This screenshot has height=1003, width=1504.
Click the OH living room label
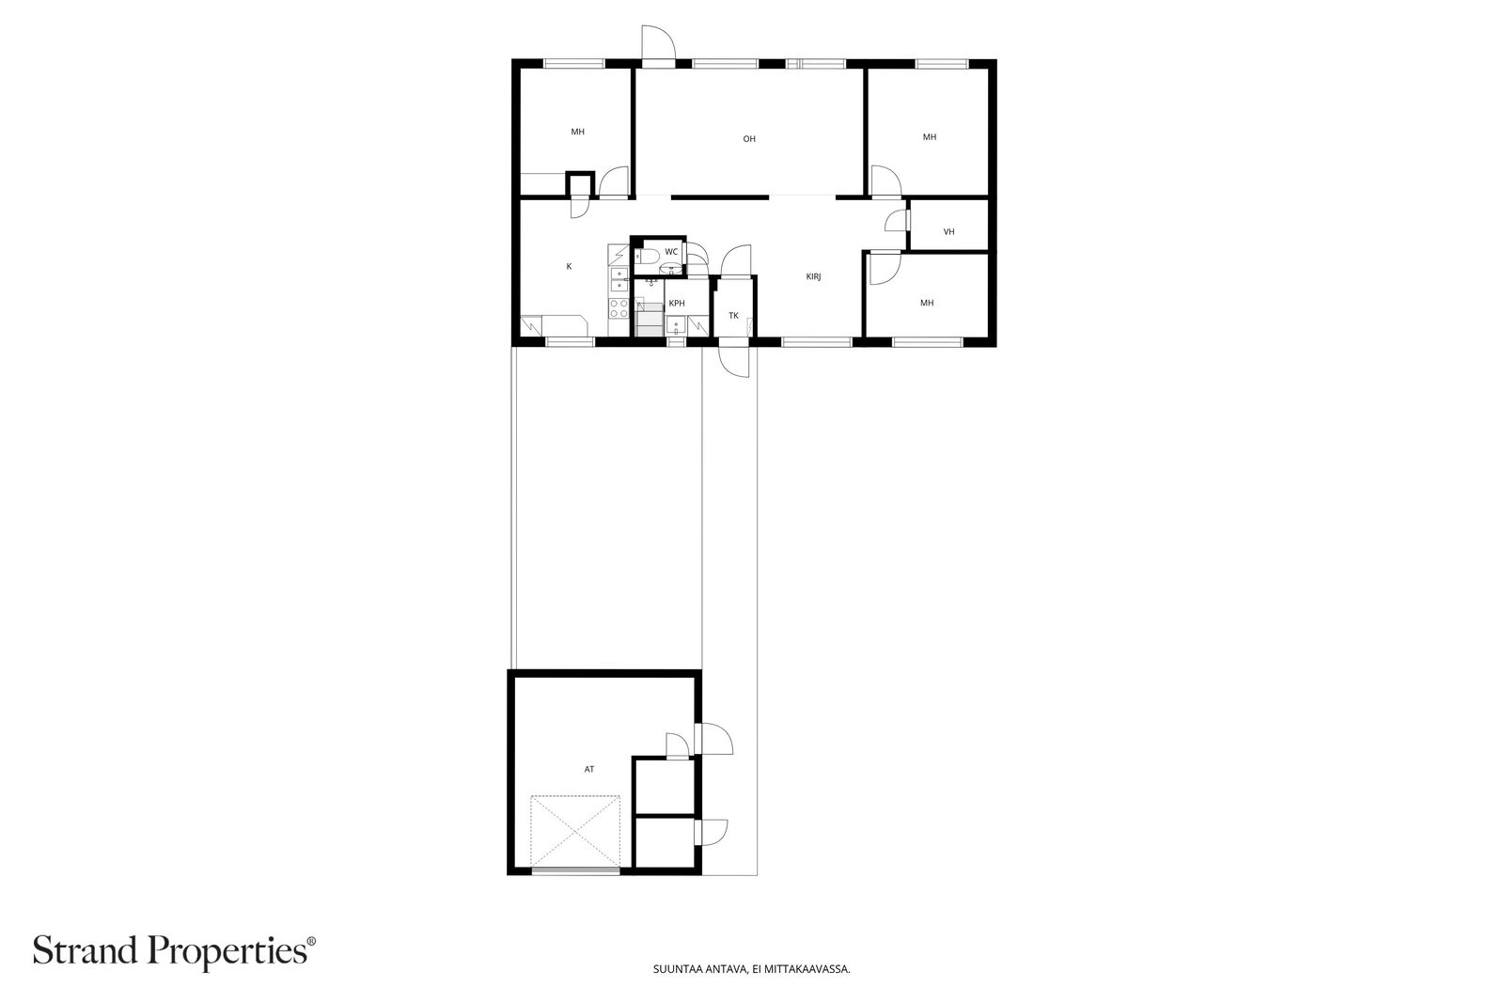coord(749,139)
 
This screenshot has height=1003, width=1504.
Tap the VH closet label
coord(948,231)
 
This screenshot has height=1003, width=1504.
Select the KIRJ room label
coord(814,276)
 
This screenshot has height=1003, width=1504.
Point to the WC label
coord(671,252)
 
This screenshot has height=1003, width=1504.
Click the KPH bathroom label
coord(677,303)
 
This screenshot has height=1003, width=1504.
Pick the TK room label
coord(734,315)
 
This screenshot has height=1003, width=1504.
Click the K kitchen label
coord(570,267)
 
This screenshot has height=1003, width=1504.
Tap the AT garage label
coord(588,769)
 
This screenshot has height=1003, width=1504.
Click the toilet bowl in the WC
coord(646,256)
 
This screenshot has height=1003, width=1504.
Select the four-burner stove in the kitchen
coord(619,308)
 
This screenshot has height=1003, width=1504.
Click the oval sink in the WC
coord(669,270)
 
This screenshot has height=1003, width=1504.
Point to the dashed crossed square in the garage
coord(575,831)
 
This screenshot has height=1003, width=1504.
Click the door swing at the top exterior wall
coord(658,42)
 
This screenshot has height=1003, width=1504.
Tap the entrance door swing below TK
coord(734,361)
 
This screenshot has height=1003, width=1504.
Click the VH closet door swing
coord(897,220)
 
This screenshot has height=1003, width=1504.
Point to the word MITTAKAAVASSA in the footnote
coord(815,969)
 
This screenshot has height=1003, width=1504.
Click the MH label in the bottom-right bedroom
coord(927,303)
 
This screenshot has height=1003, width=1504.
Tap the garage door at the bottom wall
coord(575,870)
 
